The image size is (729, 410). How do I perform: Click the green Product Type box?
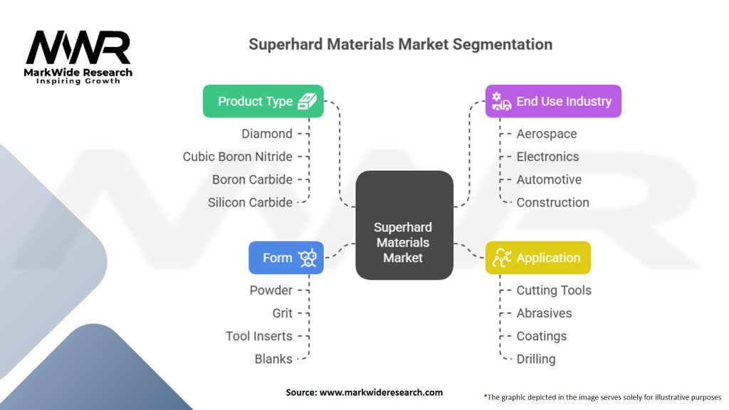tap(263, 101)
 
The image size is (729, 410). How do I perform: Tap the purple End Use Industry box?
tap(553, 101)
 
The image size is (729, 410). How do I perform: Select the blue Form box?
tap(286, 258)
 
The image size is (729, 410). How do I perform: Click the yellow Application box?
tap(537, 258)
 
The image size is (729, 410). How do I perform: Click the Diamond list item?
tap(266, 134)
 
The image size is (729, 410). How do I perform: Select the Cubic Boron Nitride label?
tap(237, 157)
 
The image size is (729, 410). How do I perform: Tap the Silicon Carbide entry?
tap(250, 202)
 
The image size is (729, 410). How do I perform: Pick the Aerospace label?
tap(546, 134)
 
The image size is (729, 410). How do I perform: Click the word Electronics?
tap(547, 157)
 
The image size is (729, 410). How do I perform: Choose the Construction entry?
tap(552, 202)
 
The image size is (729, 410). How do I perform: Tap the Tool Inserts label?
tap(258, 336)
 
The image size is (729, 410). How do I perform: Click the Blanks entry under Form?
tap(273, 359)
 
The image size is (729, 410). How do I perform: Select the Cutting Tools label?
tap(554, 290)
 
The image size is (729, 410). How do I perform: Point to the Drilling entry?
tap(535, 359)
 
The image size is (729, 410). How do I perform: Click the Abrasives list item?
tap(544, 313)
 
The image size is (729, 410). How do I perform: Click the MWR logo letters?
tap(78, 48)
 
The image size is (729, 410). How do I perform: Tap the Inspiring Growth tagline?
tap(78, 81)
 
